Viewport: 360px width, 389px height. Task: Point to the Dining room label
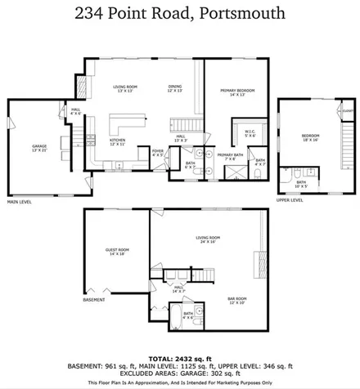(x=175, y=87)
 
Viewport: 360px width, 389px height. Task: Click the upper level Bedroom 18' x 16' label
(x=310, y=137)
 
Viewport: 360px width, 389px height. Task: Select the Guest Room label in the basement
(x=118, y=252)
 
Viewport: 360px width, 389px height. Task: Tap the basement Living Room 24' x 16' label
(x=209, y=240)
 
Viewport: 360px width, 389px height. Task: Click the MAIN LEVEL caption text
(x=20, y=201)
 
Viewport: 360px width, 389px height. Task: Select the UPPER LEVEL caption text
(x=290, y=199)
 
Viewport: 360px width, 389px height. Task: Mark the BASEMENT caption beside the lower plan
(x=94, y=300)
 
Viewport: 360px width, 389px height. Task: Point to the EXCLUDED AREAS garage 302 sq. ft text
(x=179, y=374)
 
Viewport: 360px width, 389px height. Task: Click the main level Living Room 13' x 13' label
(x=125, y=87)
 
